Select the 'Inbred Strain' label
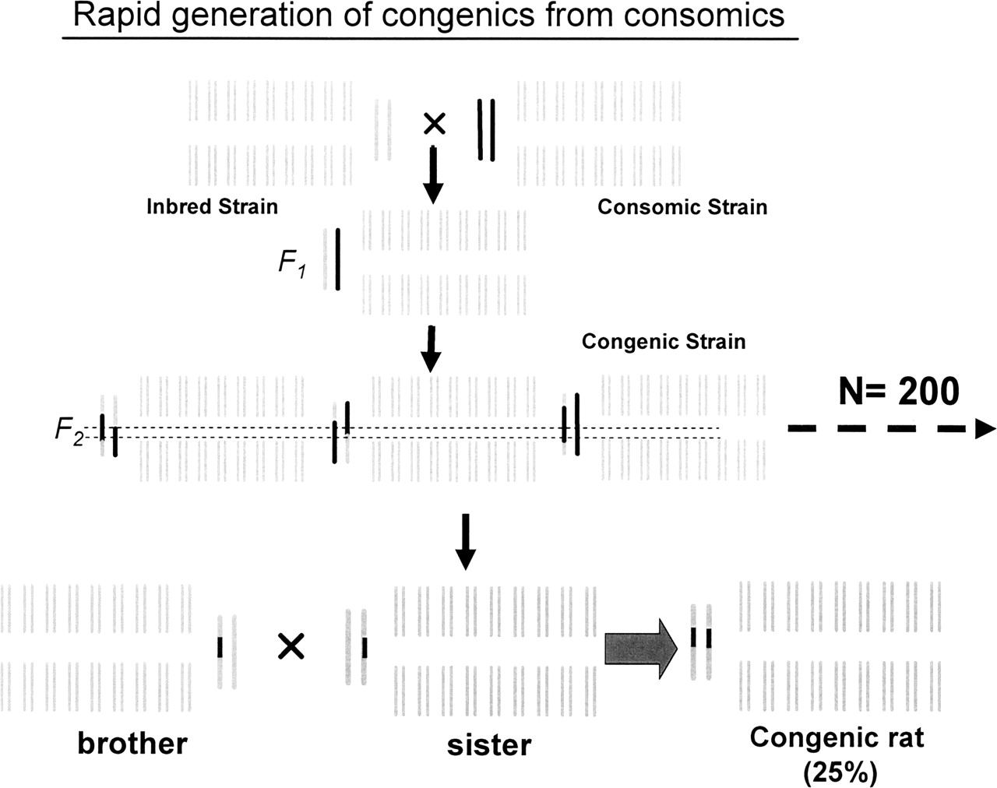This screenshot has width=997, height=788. [x=212, y=206]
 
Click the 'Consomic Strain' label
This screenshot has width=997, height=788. [x=682, y=207]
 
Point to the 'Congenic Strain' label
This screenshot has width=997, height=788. [x=664, y=342]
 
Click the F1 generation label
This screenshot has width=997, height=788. [x=292, y=263]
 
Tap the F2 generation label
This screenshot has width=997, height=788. [x=69, y=431]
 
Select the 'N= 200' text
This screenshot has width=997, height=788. [x=899, y=391]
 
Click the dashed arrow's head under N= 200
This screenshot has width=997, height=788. [x=984, y=428]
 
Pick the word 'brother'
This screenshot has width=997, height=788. [x=132, y=744]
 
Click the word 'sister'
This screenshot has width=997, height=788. [x=489, y=744]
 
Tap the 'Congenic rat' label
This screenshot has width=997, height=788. [x=837, y=737]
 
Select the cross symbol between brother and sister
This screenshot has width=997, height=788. [x=291, y=646]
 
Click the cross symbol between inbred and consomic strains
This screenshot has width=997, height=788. [x=434, y=122]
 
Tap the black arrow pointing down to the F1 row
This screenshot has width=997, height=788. [x=433, y=176]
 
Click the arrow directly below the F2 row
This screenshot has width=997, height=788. [x=465, y=541]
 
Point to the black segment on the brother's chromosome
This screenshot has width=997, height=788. [x=220, y=647]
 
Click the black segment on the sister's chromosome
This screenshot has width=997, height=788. [x=364, y=647]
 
